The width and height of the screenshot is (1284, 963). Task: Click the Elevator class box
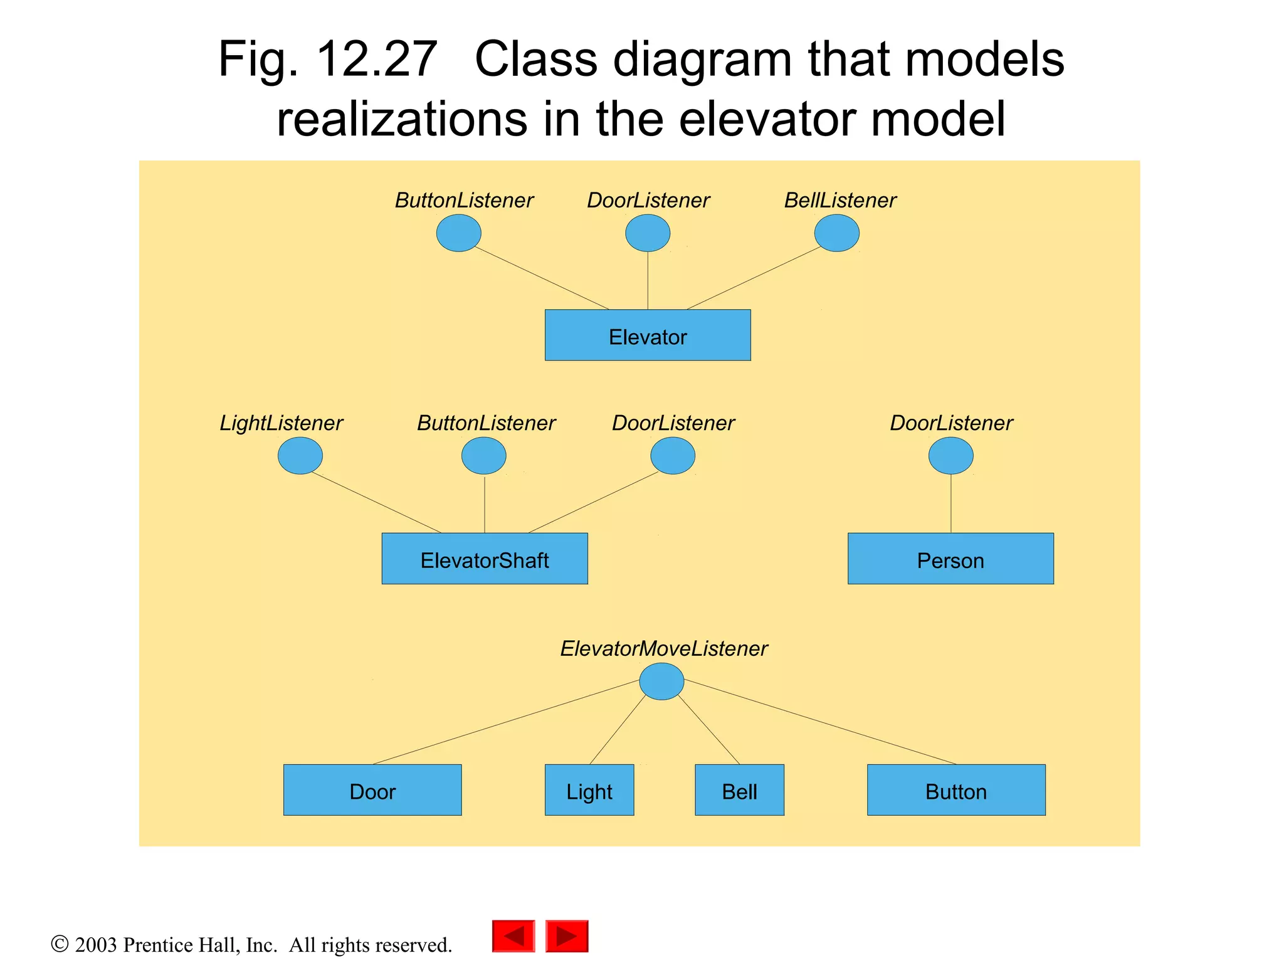tap(647, 335)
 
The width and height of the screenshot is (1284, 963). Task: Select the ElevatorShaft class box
tap(485, 559)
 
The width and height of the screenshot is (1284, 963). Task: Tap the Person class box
tap(950, 559)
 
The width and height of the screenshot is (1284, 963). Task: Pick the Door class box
tap(372, 790)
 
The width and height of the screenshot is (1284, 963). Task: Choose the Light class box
tap(589, 790)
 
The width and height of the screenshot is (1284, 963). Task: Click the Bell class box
tap(739, 790)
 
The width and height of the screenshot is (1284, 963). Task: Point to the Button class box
tap(956, 790)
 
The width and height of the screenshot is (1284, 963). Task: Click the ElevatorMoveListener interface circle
tap(661, 681)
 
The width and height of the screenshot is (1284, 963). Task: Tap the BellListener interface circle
tap(836, 233)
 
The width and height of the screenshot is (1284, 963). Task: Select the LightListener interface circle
tap(300, 456)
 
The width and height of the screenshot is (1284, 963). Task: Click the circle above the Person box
tap(950, 456)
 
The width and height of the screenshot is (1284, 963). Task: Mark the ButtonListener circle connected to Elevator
tap(459, 233)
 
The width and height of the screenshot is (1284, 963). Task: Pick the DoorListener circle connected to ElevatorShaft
tap(673, 456)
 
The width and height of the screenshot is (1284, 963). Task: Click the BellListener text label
tap(840, 201)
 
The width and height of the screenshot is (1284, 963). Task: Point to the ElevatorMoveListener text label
tap(663, 649)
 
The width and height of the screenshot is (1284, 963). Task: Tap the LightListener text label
tap(281, 423)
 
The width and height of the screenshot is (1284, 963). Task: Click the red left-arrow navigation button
tap(513, 936)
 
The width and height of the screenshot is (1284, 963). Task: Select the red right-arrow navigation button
tap(567, 936)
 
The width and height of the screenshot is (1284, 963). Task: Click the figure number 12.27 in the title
tap(376, 60)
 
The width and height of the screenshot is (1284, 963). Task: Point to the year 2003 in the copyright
tap(95, 945)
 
